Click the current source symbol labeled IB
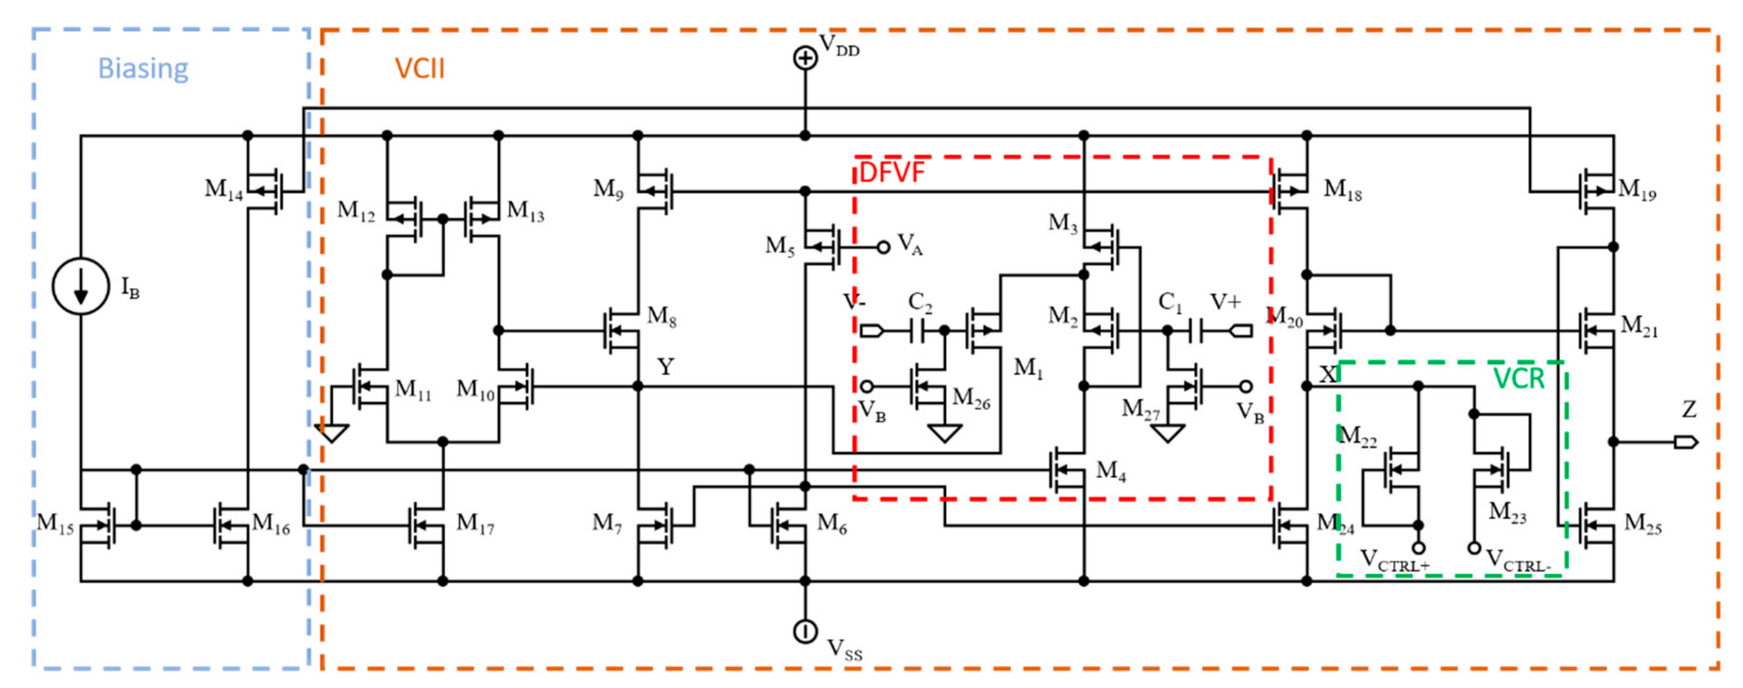click(x=81, y=286)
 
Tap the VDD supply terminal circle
click(x=804, y=58)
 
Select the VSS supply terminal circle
click(x=804, y=631)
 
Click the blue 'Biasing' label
click(x=143, y=68)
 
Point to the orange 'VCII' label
click(x=420, y=68)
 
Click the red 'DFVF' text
click(x=891, y=173)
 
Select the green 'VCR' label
click(x=1519, y=379)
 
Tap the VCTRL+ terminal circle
click(x=1418, y=547)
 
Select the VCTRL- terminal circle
click(x=1474, y=547)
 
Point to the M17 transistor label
click(x=475, y=523)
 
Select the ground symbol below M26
click(x=945, y=433)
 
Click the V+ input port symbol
click(x=1242, y=331)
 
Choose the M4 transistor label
click(x=1110, y=470)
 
